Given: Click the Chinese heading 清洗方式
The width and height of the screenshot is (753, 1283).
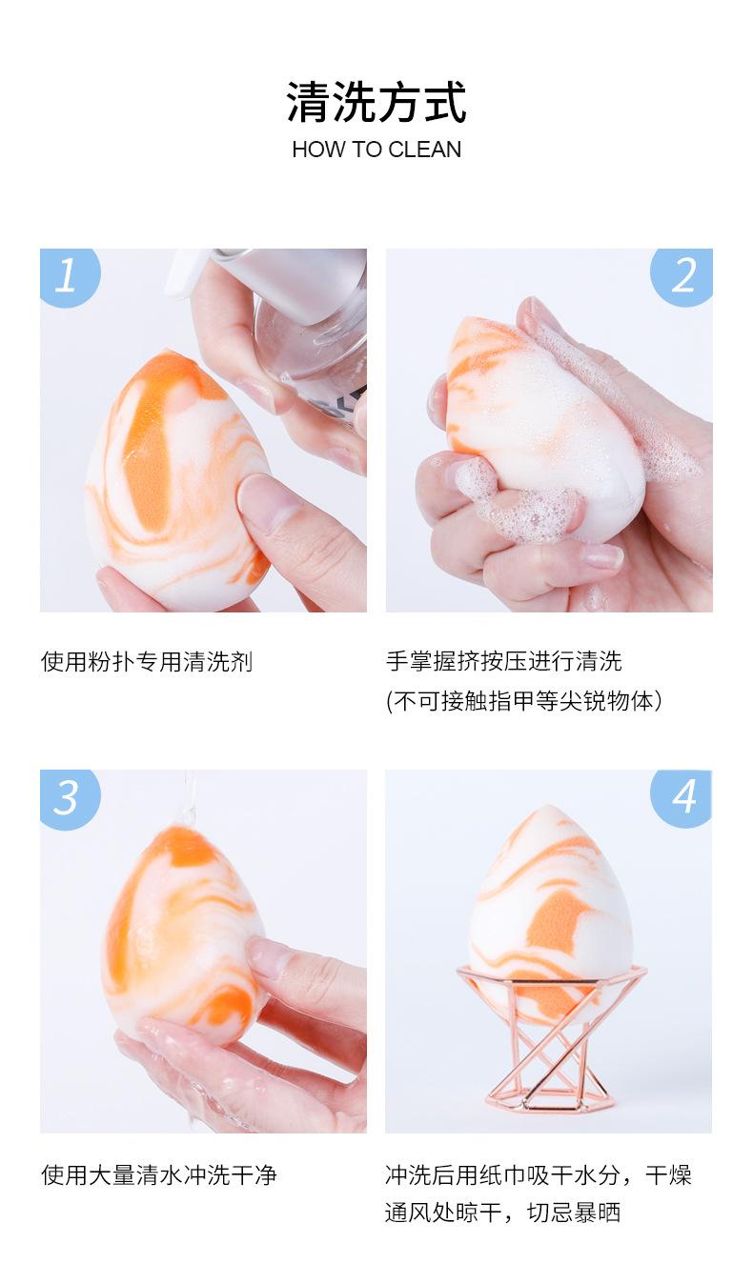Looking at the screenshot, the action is [376, 103].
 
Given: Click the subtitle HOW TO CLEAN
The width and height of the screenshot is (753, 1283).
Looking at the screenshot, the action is [376, 150].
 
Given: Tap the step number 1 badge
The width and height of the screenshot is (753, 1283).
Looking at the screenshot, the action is [69, 276].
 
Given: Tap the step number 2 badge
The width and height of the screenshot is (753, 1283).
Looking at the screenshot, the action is [682, 276].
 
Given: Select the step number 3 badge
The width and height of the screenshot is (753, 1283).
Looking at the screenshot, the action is [69, 798].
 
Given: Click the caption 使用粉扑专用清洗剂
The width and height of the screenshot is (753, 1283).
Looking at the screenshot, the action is [147, 662].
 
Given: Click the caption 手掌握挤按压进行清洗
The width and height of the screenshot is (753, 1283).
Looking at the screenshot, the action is [503, 661].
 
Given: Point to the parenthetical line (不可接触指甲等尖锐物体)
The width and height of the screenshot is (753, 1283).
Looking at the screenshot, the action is [524, 701].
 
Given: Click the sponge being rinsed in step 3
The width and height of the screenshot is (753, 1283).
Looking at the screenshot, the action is [182, 939].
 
